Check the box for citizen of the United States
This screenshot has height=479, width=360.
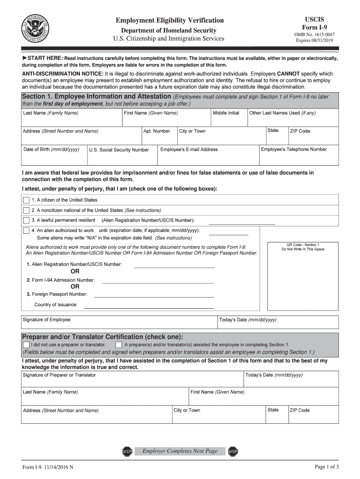point(26,200)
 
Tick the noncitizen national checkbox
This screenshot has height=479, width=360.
point(26,210)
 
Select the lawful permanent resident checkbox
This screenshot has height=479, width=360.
point(26,220)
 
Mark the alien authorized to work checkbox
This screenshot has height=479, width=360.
point(26,231)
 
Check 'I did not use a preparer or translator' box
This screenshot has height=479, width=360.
point(26,345)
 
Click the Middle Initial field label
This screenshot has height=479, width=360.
point(226,113)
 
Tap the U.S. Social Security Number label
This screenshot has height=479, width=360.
point(119,150)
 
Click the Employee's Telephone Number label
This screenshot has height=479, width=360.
point(294,150)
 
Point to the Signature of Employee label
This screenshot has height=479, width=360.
point(47,320)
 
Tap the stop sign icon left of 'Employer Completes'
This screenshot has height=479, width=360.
point(127,451)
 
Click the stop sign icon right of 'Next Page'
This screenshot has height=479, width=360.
point(233,451)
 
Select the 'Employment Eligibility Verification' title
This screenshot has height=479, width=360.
point(170,21)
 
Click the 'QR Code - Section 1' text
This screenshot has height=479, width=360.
point(302,245)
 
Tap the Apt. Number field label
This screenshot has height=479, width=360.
point(157,131)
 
